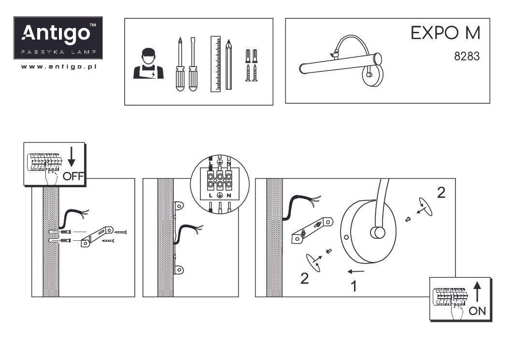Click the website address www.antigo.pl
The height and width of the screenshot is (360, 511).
58,67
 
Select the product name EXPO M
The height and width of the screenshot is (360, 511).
445,33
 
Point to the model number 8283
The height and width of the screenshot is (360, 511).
467,56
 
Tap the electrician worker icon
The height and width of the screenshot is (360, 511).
148,64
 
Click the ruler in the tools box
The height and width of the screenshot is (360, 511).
215,64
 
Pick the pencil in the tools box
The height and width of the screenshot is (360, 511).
228,65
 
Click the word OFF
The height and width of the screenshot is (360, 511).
73,177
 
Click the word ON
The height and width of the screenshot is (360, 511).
477,311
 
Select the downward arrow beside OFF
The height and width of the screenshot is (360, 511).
71,157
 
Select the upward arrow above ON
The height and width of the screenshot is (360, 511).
477,291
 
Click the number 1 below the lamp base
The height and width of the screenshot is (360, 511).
354,287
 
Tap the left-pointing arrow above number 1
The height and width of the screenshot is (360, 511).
356,271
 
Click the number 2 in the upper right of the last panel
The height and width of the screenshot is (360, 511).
441,193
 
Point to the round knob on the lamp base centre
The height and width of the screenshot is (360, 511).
377,233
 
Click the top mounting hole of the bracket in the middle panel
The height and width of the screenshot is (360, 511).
179,206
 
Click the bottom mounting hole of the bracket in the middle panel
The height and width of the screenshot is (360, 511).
179,270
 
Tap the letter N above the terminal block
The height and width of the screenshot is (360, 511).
229,163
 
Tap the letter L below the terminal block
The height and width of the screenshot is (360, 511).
211,195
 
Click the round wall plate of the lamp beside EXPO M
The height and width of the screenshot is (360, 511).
372,75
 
